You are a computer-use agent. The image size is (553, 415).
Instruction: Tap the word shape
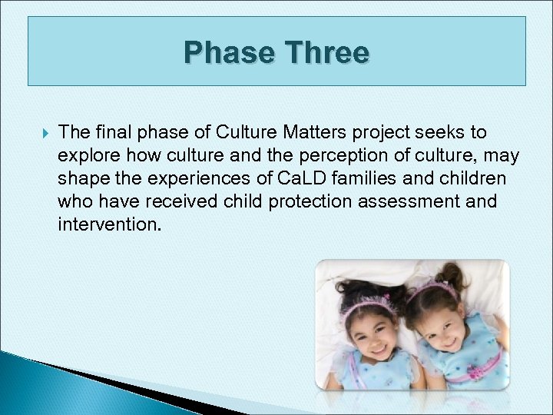pos(79,179)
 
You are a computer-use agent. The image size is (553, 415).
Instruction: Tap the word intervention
pos(109,225)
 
